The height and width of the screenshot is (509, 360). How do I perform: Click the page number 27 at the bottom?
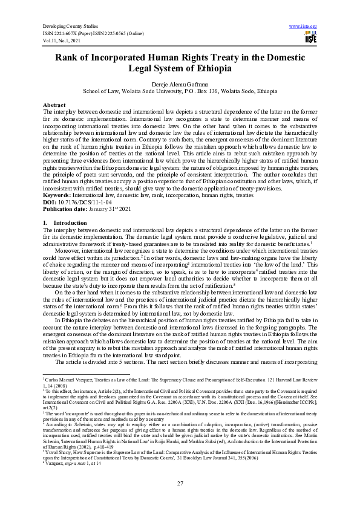(x=180, y=483)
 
